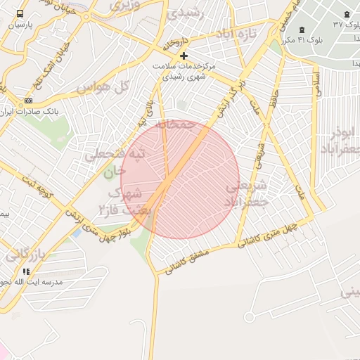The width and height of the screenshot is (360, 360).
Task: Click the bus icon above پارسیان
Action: (19, 13)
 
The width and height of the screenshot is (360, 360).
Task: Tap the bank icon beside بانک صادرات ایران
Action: (28, 101)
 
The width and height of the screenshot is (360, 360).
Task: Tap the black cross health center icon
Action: (184, 56)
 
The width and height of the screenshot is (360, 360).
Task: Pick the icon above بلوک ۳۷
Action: (347, 14)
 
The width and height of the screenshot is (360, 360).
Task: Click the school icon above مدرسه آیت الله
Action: (27, 271)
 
